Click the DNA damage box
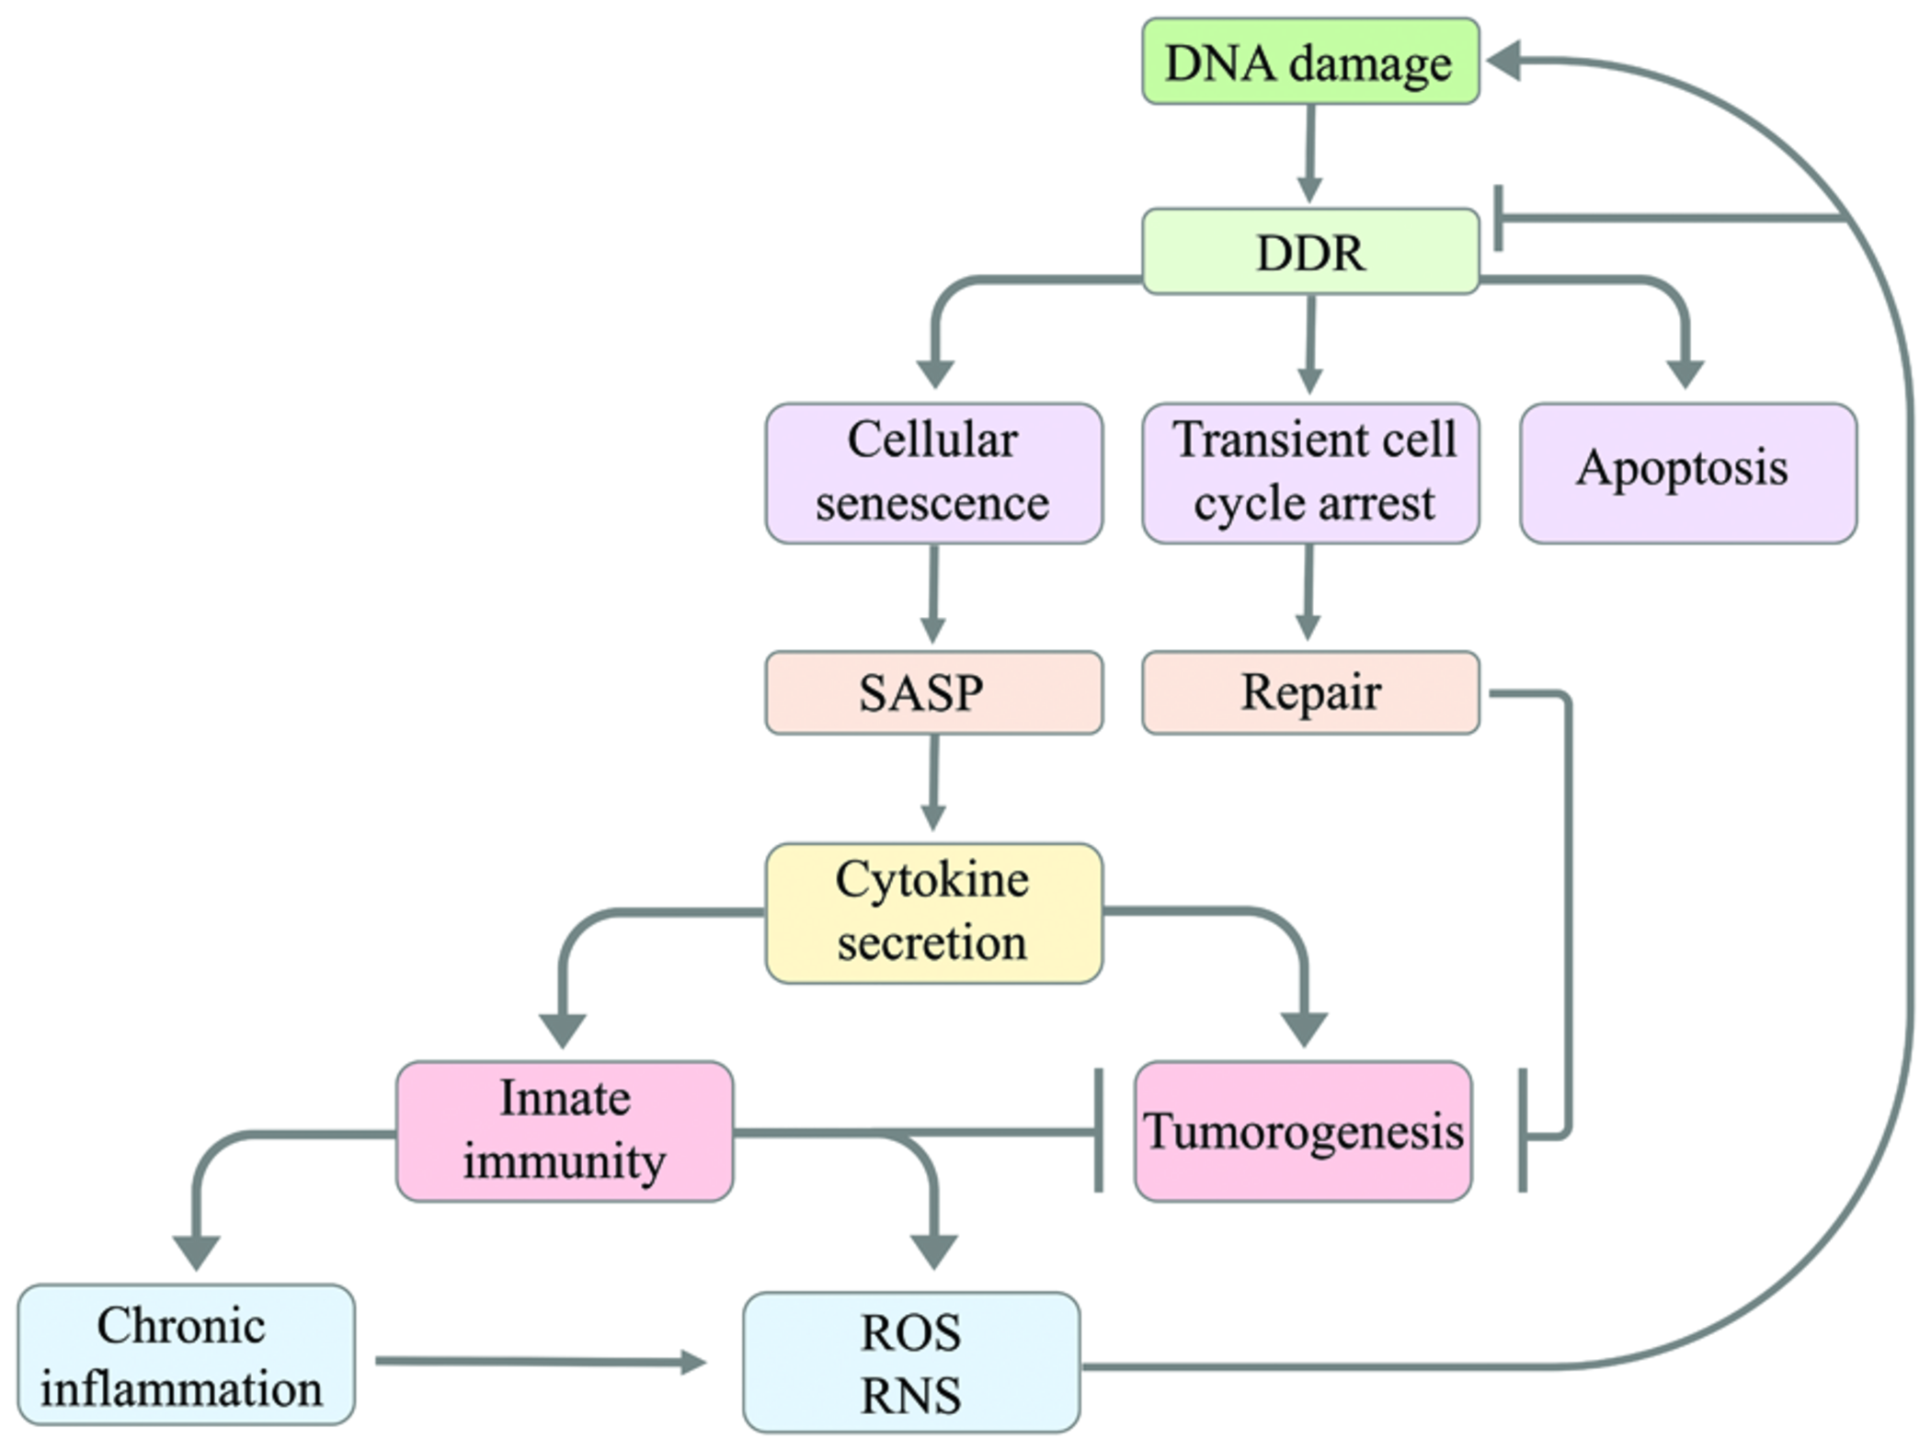point(1309,62)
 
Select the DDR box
point(1309,251)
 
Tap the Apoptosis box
point(1687,473)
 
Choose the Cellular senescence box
point(933,473)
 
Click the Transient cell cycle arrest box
point(1309,473)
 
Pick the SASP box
point(933,692)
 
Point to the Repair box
point(1309,692)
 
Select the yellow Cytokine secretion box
point(933,912)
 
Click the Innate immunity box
point(565,1130)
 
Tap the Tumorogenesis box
point(1302,1130)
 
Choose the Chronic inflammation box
point(184,1354)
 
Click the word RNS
point(910,1395)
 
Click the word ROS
point(910,1332)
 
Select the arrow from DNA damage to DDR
point(1309,153)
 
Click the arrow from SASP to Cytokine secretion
point(933,782)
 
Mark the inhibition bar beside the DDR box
point(1500,218)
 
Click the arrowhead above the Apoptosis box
point(1685,373)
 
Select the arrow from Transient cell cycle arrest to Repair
point(1308,593)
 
